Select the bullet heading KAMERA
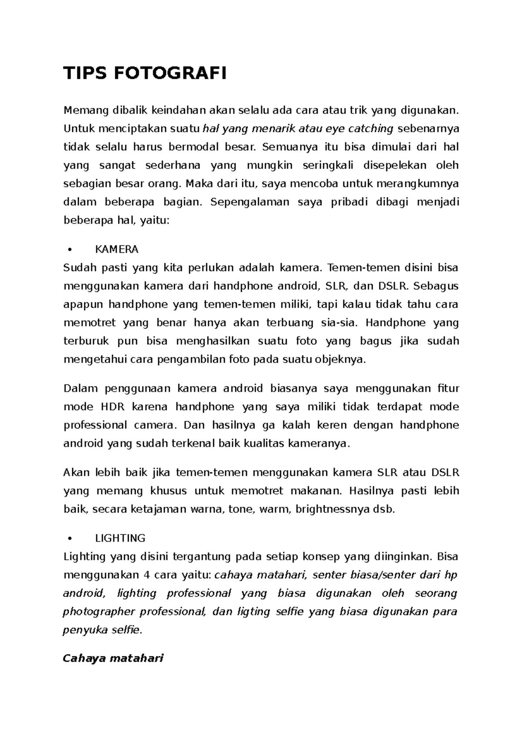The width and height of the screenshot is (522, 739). pos(117,249)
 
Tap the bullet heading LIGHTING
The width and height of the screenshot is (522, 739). pos(120,538)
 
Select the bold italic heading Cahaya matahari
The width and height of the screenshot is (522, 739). pos(113,658)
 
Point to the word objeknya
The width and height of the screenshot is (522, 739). pos(341,360)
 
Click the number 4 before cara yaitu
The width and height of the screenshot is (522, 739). pos(147,575)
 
